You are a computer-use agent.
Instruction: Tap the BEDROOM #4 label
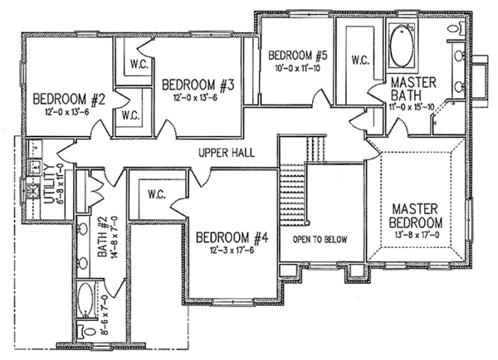click(232, 239)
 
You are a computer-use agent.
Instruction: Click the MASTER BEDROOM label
click(416, 215)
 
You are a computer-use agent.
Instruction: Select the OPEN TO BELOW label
click(319, 240)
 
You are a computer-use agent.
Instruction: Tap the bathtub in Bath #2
click(85, 297)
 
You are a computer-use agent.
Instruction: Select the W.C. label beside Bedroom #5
click(360, 61)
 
